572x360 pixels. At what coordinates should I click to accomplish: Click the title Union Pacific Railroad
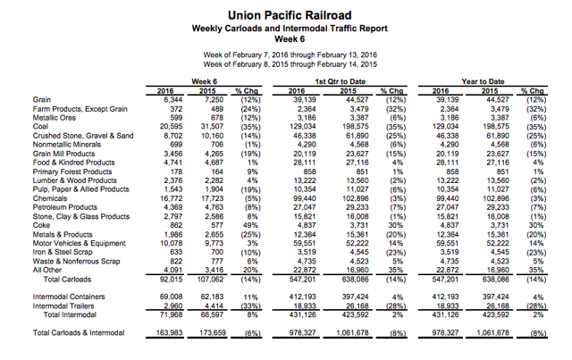tap(290, 15)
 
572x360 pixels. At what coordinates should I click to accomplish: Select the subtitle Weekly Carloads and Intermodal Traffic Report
tap(290, 29)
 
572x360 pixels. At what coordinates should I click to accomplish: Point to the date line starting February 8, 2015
tap(290, 64)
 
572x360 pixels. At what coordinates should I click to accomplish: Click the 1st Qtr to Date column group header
tap(341, 81)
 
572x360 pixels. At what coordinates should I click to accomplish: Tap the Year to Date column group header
tap(483, 81)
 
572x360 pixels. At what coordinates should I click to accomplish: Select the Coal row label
tap(40, 127)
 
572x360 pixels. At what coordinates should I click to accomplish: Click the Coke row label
tap(41, 225)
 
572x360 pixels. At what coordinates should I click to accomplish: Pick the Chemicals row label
tap(50, 198)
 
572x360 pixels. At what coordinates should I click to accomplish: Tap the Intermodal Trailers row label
tap(63, 306)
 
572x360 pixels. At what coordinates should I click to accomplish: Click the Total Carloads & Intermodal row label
tap(79, 332)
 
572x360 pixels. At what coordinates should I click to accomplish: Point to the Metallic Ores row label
tap(55, 118)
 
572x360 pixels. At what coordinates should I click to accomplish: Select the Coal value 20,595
tap(171, 127)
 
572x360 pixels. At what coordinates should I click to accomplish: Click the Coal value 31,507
tap(212, 127)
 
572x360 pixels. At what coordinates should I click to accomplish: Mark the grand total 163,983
tap(169, 332)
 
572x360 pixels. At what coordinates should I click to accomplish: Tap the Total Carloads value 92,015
tap(171, 280)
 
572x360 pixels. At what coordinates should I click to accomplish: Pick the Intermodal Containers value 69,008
tap(171, 297)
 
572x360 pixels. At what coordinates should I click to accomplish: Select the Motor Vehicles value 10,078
tap(171, 243)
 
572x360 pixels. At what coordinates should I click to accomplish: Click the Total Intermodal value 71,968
tap(171, 314)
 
